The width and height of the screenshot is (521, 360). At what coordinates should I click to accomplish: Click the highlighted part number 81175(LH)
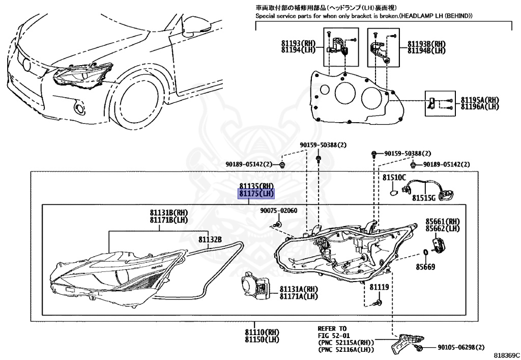click(x=257, y=194)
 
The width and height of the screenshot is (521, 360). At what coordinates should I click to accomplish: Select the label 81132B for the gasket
click(x=210, y=239)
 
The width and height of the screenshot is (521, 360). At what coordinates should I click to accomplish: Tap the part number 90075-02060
click(x=279, y=211)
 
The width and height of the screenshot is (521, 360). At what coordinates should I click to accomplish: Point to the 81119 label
click(x=379, y=287)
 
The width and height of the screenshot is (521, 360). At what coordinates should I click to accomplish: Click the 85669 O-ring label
click(x=425, y=266)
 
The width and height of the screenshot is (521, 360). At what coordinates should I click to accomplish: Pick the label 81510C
click(x=394, y=178)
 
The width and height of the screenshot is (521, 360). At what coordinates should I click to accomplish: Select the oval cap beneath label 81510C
click(x=393, y=193)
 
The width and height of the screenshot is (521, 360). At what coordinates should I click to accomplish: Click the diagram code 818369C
click(x=506, y=354)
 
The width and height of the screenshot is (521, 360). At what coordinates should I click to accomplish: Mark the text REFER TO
click(x=332, y=328)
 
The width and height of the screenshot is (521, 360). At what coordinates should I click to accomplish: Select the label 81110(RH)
click(x=263, y=332)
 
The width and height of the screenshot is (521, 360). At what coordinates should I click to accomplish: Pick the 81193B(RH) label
click(x=426, y=44)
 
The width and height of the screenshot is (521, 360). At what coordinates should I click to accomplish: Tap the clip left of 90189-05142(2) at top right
click(x=414, y=164)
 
